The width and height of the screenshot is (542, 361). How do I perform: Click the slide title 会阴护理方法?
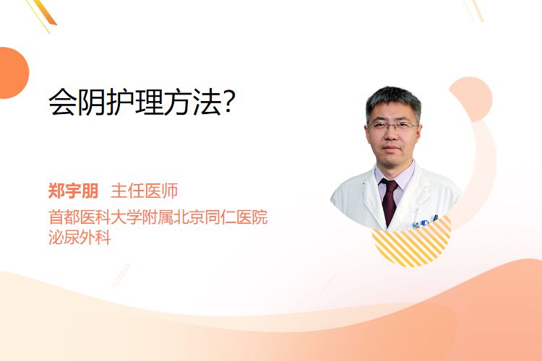coord(142,103)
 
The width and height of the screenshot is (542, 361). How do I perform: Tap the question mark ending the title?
coord(230,102)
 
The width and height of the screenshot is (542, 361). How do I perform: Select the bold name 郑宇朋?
coord(73,191)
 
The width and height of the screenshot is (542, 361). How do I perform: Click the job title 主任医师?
coord(144,191)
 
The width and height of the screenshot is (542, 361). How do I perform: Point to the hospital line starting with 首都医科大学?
coord(158,217)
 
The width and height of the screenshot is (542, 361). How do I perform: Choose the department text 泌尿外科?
coord(79,238)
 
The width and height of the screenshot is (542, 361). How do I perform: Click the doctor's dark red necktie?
coord(390,201)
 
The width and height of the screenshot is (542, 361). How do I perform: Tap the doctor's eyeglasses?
coord(392,126)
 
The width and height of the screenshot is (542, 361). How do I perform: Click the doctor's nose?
coord(391,135)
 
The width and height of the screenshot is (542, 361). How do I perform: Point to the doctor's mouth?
coord(391,148)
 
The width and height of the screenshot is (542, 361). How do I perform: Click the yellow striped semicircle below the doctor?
coord(412,242)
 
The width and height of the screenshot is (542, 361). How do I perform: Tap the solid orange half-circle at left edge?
coord(13,73)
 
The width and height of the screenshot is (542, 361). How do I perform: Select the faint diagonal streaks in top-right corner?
coord(474,10)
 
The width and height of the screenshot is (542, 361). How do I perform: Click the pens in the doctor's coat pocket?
coord(424,222)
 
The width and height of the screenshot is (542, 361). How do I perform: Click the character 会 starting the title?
coord(63,103)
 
